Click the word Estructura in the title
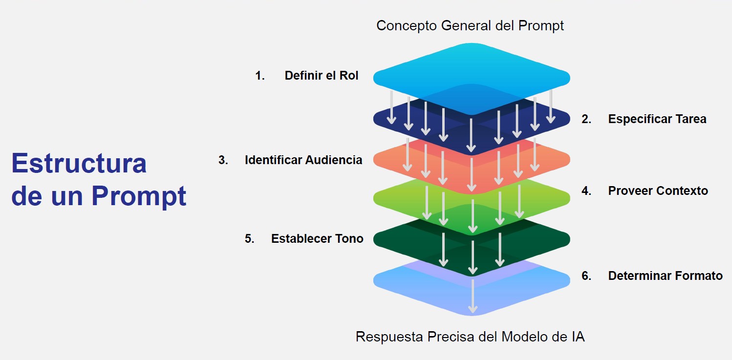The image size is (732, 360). click(79, 163)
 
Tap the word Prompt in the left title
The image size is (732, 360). click(139, 196)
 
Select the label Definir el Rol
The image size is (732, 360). click(322, 75)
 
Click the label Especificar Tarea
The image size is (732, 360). click(657, 119)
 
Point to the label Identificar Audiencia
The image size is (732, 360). click(303, 160)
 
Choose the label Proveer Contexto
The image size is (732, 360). click(658, 191)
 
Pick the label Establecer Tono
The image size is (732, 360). click(317, 239)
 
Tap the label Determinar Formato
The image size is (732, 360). click(666, 275)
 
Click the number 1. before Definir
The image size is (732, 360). click(260, 76)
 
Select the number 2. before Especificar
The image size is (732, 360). click(586, 119)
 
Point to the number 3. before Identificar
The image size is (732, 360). click(223, 160)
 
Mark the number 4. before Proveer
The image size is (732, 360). click(586, 191)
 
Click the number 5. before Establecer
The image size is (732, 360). click(250, 239)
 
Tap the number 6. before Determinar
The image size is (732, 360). click(586, 276)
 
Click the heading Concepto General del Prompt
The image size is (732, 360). click(470, 26)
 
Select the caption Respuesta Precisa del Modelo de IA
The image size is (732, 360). click(470, 337)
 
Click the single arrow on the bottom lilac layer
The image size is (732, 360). click(473, 296)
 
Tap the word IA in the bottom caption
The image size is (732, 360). click(578, 337)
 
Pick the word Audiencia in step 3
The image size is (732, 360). click(334, 160)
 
